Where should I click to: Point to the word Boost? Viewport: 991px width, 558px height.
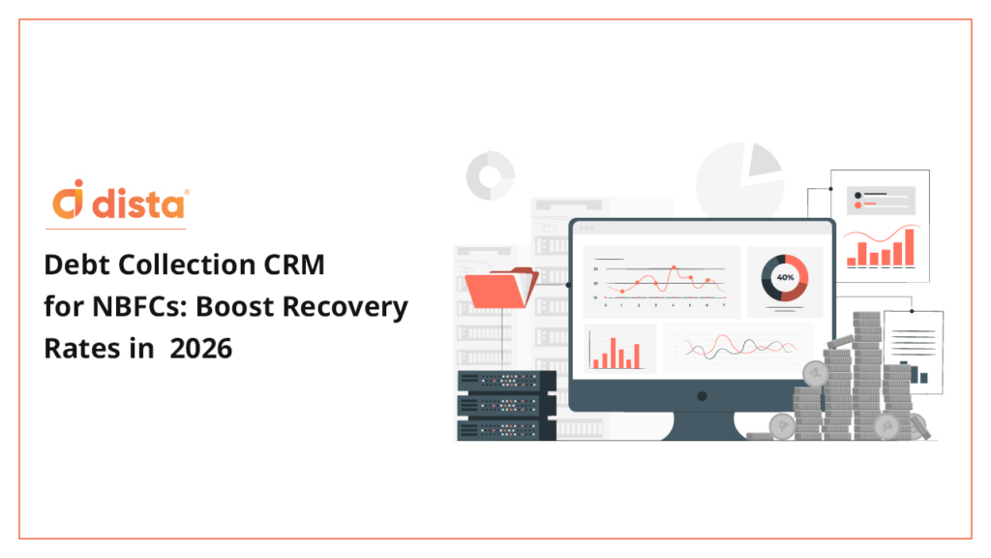point(234,307)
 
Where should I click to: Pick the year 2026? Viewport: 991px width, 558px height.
point(201,349)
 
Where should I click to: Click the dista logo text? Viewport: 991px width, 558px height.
point(138,203)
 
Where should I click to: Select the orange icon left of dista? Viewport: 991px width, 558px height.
point(68,199)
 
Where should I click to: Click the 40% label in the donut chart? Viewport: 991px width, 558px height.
point(785,277)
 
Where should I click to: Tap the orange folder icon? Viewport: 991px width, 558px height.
point(501,288)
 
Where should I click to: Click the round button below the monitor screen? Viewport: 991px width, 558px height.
point(702,396)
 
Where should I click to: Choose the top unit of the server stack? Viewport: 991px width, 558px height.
point(506,381)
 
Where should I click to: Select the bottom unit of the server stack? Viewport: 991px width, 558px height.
point(506,429)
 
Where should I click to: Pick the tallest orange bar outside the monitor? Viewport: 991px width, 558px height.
point(910,247)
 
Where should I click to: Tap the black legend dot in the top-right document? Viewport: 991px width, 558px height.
point(857,196)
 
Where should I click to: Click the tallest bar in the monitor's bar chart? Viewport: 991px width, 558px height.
point(613,353)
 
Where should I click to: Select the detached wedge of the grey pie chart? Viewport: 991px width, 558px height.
point(763,160)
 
